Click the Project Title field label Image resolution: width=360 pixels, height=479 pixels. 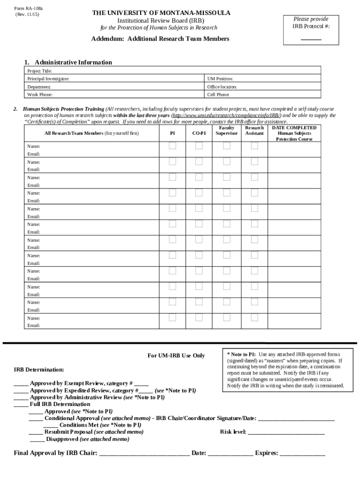[36, 71]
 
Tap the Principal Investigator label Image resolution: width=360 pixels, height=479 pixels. [48, 79]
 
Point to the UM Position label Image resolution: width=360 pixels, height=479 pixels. [220, 79]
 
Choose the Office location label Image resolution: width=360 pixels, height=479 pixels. [222, 87]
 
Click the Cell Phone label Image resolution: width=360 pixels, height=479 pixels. [218, 94]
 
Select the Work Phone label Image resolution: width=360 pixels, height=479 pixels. [40, 94]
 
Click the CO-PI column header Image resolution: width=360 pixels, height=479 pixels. [199, 133]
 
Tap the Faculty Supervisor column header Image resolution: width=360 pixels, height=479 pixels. [227, 131]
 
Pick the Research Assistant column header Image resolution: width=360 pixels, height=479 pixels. [254, 131]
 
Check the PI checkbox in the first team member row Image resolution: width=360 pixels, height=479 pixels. [173, 146]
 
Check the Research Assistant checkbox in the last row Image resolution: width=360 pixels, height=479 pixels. [254, 318]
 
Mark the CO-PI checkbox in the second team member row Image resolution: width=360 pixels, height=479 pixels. [199, 161]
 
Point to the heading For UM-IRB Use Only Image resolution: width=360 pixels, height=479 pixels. [176, 356]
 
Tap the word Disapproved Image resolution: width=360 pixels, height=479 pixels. [62, 439]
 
